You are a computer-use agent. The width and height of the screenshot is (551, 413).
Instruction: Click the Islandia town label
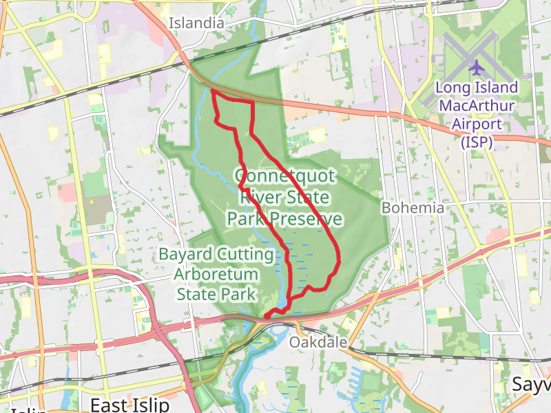[x=197, y=23]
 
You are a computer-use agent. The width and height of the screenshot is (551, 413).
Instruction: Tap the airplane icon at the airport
[x=476, y=67]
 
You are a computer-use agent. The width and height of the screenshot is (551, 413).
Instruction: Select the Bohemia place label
[x=413, y=207]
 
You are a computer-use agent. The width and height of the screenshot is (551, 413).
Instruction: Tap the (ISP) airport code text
[x=476, y=142]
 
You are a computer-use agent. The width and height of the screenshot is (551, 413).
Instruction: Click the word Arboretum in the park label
[x=216, y=275]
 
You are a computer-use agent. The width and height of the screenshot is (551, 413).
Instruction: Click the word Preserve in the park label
[x=306, y=219]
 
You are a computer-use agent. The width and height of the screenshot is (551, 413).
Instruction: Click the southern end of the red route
[x=266, y=316]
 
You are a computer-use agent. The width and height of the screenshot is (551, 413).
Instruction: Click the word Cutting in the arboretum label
[x=245, y=255]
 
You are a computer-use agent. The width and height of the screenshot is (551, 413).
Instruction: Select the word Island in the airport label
[x=494, y=88]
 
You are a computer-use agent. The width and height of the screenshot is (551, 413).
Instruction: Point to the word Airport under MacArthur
[x=476, y=125]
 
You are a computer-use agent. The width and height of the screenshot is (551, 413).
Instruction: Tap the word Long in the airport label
[x=451, y=88]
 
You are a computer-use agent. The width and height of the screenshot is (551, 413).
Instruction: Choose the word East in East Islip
[x=110, y=403]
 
